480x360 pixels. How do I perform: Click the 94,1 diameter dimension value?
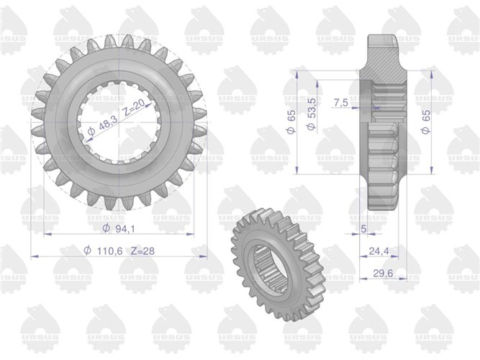(125, 228)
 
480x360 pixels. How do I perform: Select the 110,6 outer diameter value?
(109, 251)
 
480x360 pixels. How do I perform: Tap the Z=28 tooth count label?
(142, 251)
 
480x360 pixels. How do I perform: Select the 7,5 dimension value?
(340, 103)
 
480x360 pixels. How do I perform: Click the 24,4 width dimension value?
(379, 251)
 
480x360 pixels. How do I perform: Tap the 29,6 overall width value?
(383, 272)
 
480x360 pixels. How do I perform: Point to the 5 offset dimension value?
(363, 228)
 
